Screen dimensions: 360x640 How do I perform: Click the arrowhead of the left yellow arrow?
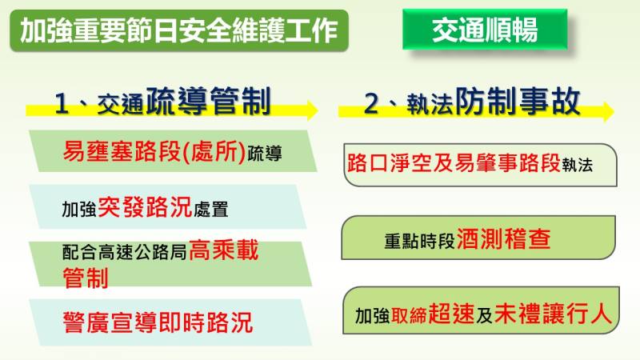click(x=311, y=110)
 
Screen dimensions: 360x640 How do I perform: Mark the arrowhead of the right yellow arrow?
click(x=607, y=110)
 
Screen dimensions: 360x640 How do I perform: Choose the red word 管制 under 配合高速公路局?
click(x=86, y=277)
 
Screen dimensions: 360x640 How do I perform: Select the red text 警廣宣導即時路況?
click(x=158, y=322)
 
